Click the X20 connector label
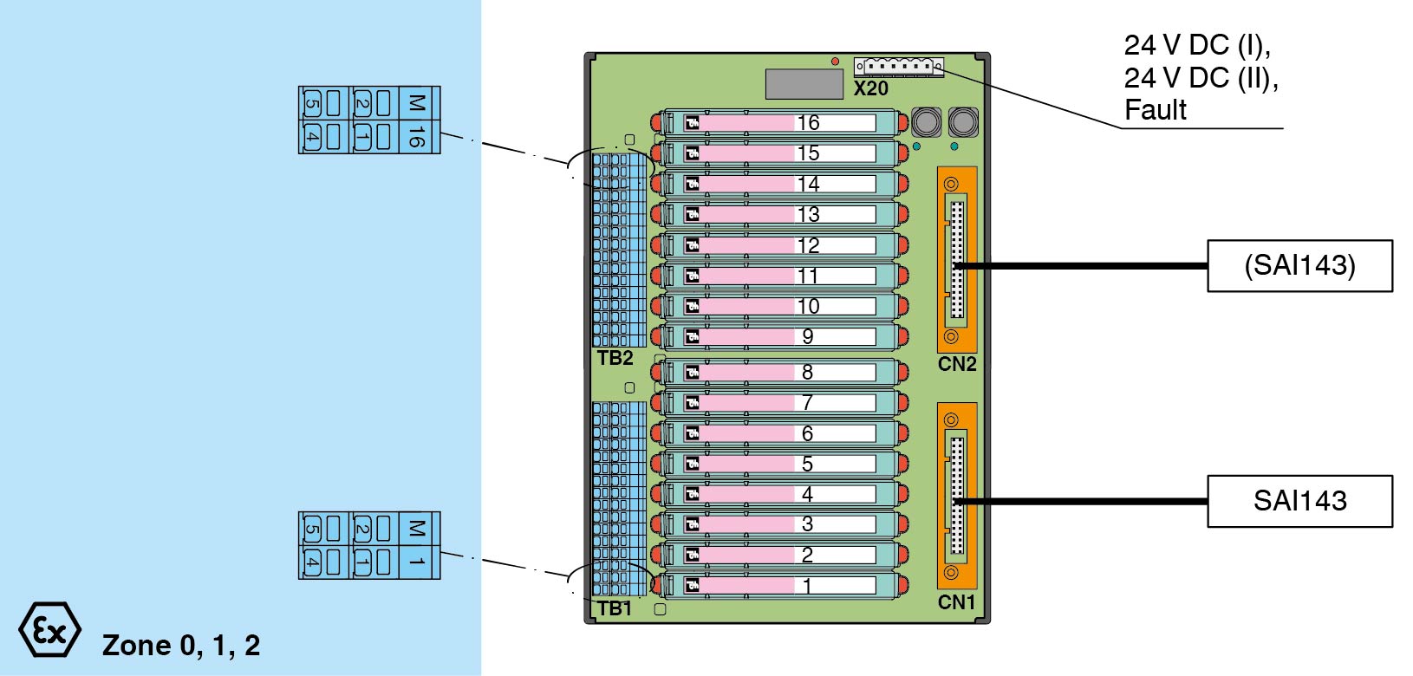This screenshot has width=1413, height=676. click(870, 88)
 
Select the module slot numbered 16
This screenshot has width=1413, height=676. click(780, 122)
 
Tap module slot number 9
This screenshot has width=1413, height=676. click(780, 336)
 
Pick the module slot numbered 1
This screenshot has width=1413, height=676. click(780, 585)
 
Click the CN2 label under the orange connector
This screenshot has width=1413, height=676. click(956, 364)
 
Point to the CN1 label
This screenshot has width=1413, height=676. click(956, 602)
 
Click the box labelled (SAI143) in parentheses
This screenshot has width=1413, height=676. click(1299, 265)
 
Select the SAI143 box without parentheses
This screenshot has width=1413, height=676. click(1299, 501)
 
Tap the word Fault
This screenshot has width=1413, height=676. click(1155, 110)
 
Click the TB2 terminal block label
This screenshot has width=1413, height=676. click(615, 358)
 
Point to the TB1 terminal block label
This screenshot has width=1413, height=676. click(615, 608)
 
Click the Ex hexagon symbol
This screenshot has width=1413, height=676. click(49, 630)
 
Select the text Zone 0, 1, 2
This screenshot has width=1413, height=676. click(181, 646)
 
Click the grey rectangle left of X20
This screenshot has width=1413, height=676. click(804, 84)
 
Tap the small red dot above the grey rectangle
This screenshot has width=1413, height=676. click(835, 62)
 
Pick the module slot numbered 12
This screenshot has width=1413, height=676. click(780, 245)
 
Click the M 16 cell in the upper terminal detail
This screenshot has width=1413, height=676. click(417, 120)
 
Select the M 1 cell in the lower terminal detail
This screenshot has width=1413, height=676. click(417, 545)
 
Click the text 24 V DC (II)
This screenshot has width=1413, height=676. click(1201, 78)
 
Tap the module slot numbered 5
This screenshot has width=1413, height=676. click(780, 464)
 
